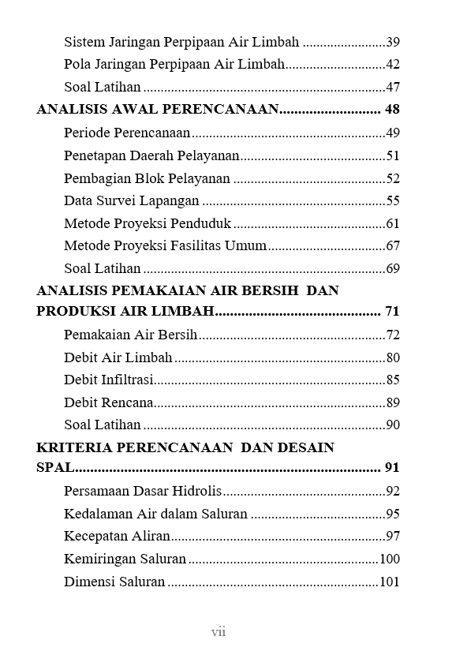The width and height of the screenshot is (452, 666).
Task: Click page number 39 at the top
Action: (393, 42)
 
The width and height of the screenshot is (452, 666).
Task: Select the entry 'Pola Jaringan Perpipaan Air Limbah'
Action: (174, 65)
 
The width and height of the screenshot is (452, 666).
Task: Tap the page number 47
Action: (393, 88)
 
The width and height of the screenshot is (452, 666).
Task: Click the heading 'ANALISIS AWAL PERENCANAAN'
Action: (158, 110)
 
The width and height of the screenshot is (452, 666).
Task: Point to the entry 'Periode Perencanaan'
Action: (127, 133)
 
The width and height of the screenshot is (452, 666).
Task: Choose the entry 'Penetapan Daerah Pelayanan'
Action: (151, 155)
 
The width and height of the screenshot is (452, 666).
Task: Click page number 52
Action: (393, 178)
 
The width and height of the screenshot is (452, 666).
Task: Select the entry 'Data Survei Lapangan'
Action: (132, 200)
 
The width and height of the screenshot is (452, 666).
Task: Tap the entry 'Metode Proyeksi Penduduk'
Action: (148, 223)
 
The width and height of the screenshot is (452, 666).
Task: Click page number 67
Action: (393, 246)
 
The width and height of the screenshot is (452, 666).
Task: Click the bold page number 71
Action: (392, 311)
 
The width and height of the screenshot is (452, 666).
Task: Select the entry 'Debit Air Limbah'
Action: (118, 357)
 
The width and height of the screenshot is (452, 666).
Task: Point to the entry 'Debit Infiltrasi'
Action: (108, 380)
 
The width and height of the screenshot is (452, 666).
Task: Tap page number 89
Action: (393, 402)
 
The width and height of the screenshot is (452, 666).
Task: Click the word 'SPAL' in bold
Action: (55, 468)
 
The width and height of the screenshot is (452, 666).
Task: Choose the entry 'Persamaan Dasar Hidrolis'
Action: (143, 491)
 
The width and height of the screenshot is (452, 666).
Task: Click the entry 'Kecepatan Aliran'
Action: (117, 537)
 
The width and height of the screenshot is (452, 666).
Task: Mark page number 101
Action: (390, 582)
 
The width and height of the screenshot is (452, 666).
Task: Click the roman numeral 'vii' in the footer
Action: (219, 631)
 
